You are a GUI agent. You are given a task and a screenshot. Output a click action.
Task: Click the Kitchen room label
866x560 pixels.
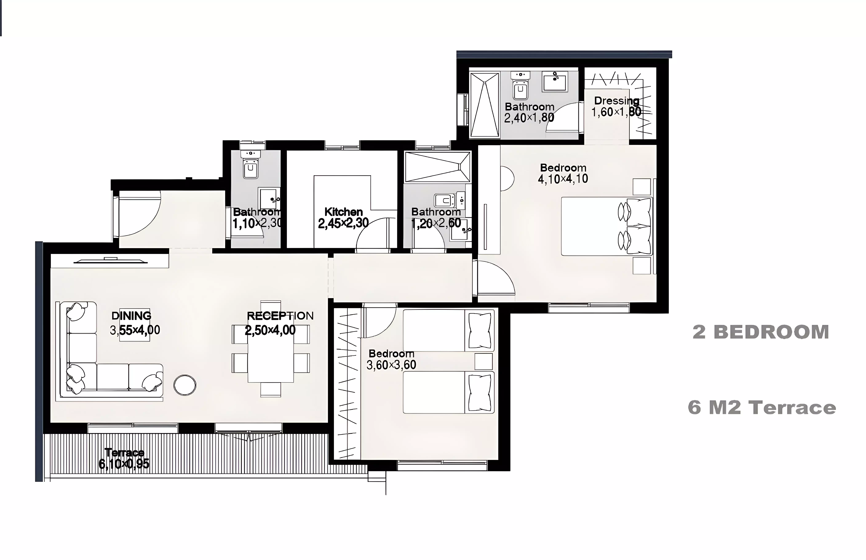tap(343, 212)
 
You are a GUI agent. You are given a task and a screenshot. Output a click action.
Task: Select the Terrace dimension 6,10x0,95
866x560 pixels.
tap(124, 464)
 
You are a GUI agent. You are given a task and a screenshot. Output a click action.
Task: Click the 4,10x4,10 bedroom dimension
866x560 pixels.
tap(563, 179)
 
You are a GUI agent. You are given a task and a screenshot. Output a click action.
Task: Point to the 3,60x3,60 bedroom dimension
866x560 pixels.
tap(391, 365)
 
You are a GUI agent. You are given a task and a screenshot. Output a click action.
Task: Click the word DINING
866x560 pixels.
tap(131, 316)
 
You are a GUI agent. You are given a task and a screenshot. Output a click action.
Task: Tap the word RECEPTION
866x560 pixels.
tap(280, 316)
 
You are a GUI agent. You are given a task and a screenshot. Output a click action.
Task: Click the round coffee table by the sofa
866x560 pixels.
tap(185, 385)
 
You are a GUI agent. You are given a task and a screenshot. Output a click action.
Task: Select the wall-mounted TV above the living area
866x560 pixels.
tap(111, 260)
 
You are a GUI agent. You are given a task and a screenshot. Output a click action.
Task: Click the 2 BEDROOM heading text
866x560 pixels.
tap(761, 332)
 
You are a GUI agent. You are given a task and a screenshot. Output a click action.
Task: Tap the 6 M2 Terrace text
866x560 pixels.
tap(762, 407)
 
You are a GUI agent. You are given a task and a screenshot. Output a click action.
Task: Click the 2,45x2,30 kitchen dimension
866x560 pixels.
tap(343, 223)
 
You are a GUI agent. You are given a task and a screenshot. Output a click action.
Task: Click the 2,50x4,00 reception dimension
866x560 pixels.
tap(270, 330)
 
